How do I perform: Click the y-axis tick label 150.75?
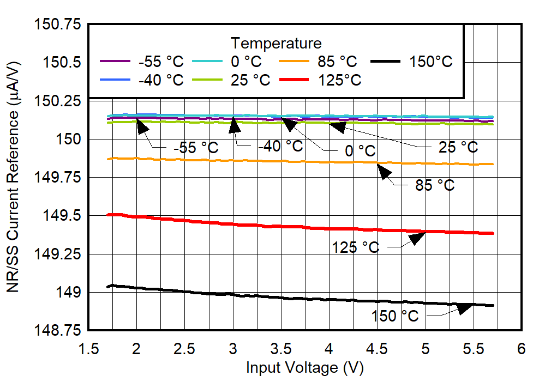[56, 25]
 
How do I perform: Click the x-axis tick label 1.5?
[88, 348]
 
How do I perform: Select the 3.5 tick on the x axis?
[281, 348]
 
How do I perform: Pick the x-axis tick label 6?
[522, 348]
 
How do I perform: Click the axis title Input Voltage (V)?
[304, 368]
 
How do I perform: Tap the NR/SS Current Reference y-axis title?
[13, 177]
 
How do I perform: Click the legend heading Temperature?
[276, 43]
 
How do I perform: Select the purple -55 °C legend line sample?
[116, 62]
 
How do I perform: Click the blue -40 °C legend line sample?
[116, 80]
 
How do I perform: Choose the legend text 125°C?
[340, 80]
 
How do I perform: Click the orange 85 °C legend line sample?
[295, 62]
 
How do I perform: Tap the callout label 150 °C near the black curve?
[396, 316]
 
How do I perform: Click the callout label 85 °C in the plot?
[435, 185]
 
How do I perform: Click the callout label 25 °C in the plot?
[458, 147]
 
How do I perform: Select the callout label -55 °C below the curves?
[195, 148]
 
